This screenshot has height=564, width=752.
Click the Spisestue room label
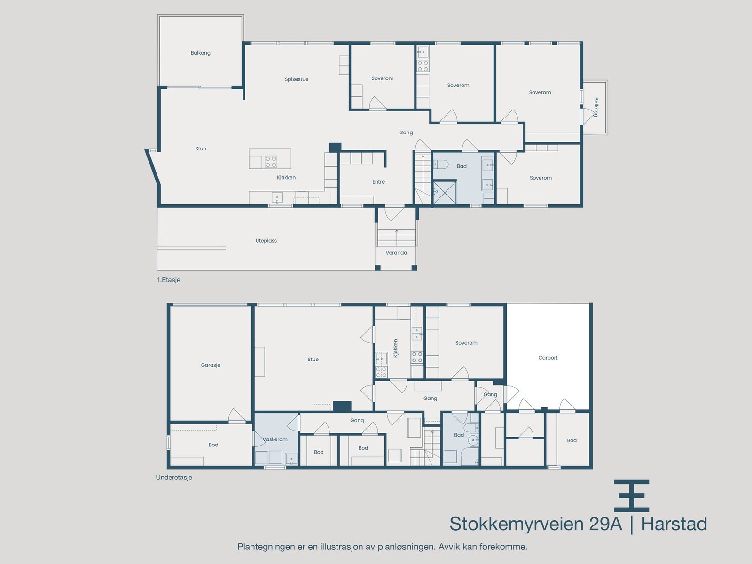[297, 79]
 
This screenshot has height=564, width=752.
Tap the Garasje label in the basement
[211, 365]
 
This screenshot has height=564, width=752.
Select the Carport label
[548, 358]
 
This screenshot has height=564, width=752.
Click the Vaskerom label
[275, 439]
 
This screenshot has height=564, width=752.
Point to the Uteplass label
[266, 241]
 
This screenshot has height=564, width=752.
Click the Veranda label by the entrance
[396, 253]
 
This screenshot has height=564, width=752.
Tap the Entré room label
[378, 182]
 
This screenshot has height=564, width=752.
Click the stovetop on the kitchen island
[271, 162]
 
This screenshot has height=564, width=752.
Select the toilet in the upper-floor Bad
[439, 164]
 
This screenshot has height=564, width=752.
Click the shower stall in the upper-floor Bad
[444, 192]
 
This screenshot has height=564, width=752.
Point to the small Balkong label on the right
[595, 107]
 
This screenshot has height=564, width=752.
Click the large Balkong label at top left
[201, 53]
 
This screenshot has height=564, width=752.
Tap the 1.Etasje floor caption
[168, 280]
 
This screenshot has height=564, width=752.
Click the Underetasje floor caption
[174, 478]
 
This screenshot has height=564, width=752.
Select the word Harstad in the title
[674, 524]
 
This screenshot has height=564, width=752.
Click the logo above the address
[631, 495]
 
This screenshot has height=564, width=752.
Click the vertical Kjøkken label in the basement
[396, 348]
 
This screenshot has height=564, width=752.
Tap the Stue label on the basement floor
[313, 360]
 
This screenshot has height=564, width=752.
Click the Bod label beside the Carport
[572, 440]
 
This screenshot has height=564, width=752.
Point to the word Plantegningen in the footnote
[266, 547]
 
